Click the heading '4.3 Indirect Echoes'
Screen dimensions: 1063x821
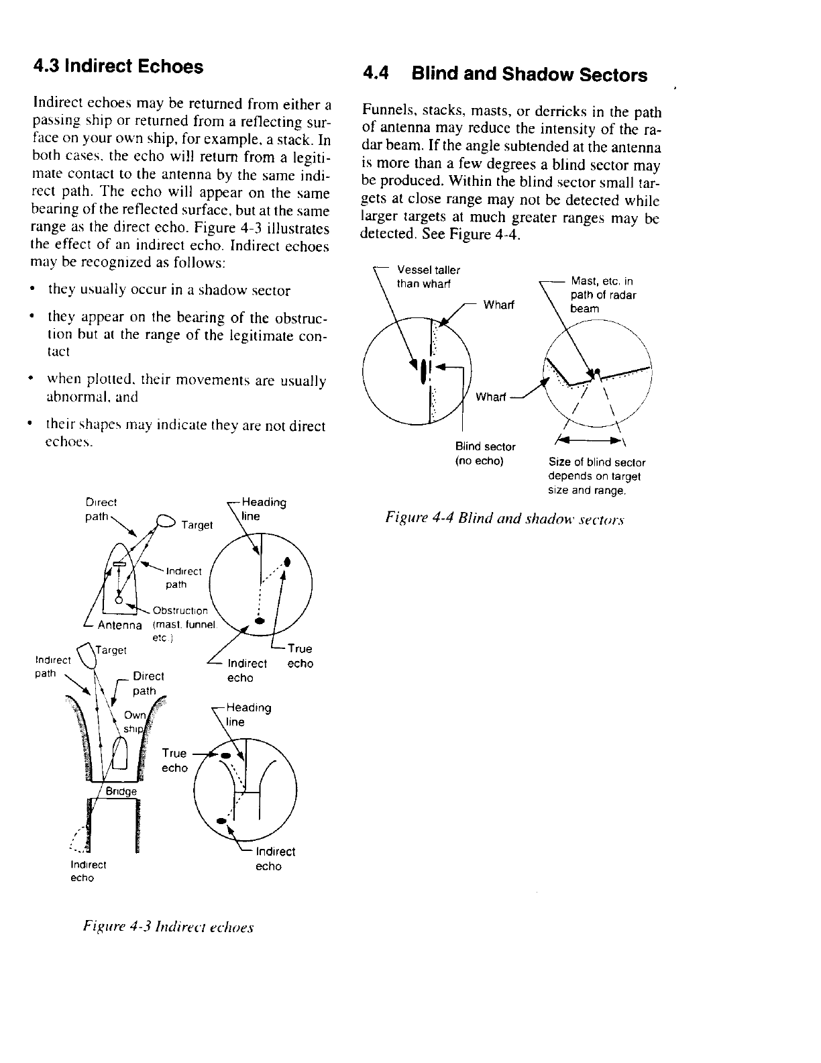coord(118,66)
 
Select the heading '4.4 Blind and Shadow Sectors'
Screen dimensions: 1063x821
coord(504,74)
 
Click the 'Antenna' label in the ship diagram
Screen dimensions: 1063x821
coord(120,625)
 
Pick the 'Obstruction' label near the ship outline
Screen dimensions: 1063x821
coord(180,611)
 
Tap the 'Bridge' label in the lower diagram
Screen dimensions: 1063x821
coord(121,791)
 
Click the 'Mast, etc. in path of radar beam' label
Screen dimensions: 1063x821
coord(602,295)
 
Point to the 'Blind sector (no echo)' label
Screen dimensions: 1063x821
coord(485,454)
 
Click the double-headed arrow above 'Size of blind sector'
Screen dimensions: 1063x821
coord(589,442)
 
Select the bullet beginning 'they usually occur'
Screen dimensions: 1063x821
coord(169,291)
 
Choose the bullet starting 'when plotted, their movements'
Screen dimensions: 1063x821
coord(186,389)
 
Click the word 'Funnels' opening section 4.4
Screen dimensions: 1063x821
coord(383,111)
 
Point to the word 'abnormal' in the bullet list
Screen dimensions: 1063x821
coord(72,397)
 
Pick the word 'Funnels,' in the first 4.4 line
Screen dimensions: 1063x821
coord(383,111)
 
